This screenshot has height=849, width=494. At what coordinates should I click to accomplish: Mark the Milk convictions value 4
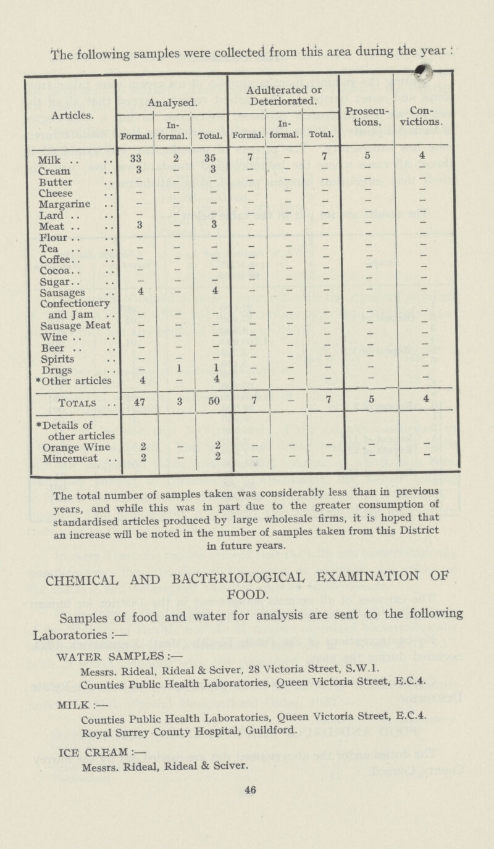point(425,159)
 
